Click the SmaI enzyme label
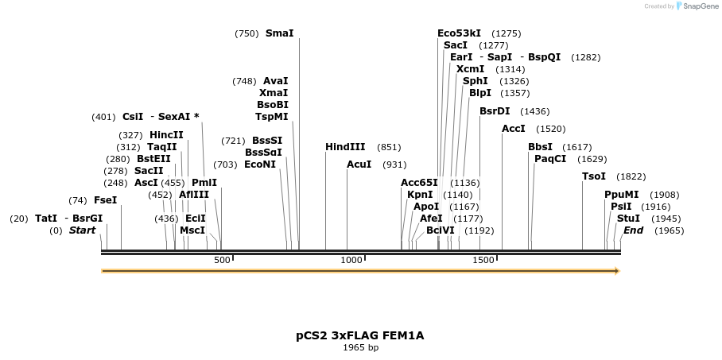(279, 33)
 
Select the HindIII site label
(345, 147)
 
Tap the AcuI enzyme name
(359, 165)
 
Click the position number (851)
(389, 147)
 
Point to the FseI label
(105, 200)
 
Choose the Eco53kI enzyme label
(459, 33)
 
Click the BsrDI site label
(495, 111)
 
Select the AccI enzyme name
(513, 129)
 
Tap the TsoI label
(594, 176)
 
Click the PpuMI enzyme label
(620, 195)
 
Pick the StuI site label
(628, 219)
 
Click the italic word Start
(82, 230)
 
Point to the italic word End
(633, 230)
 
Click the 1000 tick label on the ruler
(351, 260)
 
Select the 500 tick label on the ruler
(222, 260)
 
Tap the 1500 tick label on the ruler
(482, 260)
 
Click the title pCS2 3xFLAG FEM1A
(360, 335)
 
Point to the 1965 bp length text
(360, 347)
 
